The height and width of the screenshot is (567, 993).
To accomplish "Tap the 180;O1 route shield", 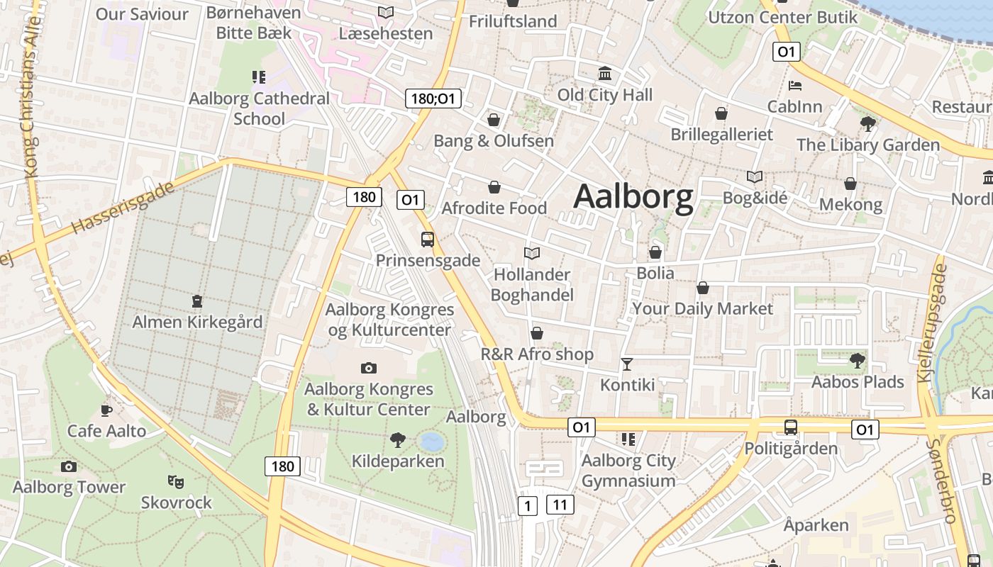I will (433, 99).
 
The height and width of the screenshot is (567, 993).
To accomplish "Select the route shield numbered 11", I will (560, 505).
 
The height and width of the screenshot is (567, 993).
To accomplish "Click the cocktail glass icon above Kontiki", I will (627, 364).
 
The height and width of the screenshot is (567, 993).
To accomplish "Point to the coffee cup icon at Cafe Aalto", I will (106, 410).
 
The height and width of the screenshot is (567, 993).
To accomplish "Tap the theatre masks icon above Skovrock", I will (176, 482).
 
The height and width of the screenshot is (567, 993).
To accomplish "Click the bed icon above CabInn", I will (795, 86).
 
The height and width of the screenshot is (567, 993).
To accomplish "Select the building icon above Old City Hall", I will (605, 74).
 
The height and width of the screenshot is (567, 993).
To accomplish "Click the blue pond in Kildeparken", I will (431, 442).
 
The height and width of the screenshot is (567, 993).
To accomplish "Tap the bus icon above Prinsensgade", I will (428, 240).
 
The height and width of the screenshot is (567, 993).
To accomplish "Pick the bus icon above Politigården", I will (791, 427).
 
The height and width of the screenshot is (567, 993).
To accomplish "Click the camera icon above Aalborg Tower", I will (69, 466).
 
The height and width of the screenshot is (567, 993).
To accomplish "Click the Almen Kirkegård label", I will (197, 322).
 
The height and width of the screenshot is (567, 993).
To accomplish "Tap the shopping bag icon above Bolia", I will (655, 252).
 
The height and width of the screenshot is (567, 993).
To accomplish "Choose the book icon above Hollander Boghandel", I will (532, 253).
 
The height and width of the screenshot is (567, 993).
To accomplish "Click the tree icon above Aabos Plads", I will (858, 361).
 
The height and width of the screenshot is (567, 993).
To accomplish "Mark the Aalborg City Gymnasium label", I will (628, 471).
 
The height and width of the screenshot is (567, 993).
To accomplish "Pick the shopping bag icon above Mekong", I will (850, 184).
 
